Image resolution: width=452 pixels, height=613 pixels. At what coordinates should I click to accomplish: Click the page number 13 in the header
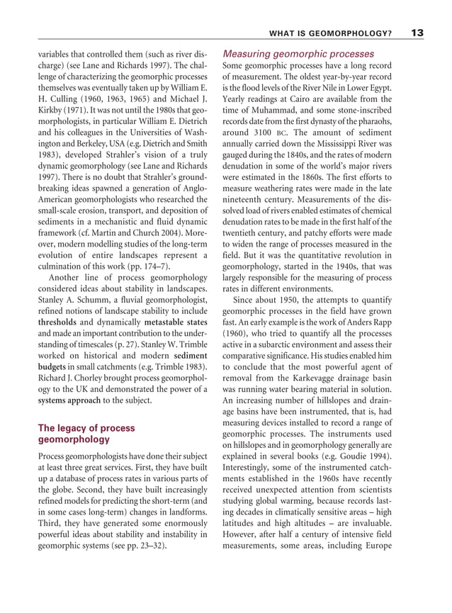pyautogui.click(x=417, y=33)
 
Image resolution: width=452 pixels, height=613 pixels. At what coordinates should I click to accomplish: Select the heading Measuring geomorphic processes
pyautogui.click(x=298, y=54)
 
